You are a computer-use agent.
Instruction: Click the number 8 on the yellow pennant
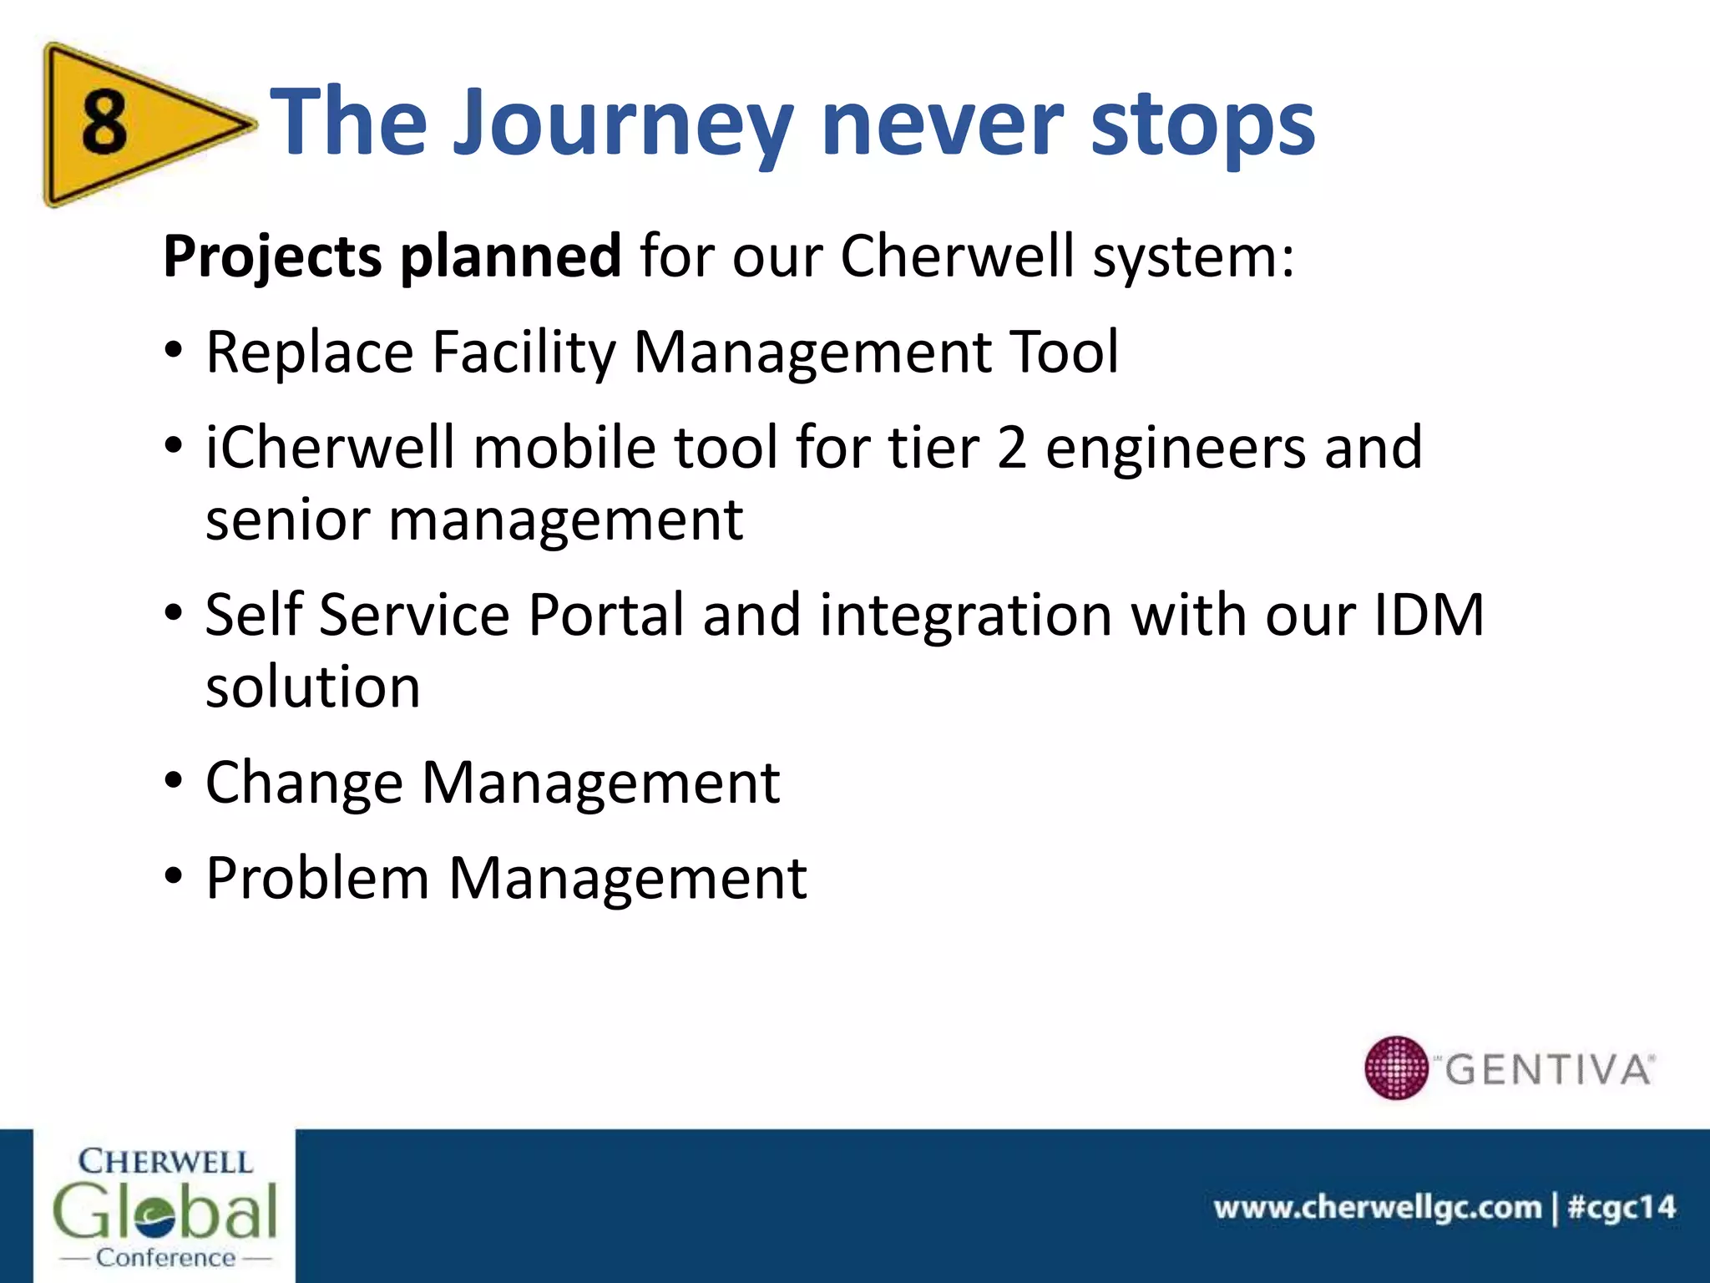pyautogui.click(x=104, y=123)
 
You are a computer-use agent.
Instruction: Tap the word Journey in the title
pyautogui.click(x=622, y=125)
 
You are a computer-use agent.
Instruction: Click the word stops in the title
pyautogui.click(x=1202, y=125)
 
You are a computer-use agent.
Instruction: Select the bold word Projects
pyautogui.click(x=271, y=256)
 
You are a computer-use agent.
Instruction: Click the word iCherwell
pyautogui.click(x=330, y=448)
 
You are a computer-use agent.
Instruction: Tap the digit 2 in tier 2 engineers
pyautogui.click(x=1011, y=448)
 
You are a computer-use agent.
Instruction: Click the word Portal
pyautogui.click(x=606, y=616)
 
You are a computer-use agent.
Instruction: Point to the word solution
pyautogui.click(x=312, y=687)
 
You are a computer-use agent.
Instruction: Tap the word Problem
pyautogui.click(x=316, y=879)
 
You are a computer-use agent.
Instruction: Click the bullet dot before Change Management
pyautogui.click(x=173, y=782)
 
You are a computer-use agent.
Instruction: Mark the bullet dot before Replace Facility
pyautogui.click(x=173, y=351)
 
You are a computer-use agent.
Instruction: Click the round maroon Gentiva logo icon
pyautogui.click(x=1395, y=1067)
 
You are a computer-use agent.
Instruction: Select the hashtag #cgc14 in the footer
pyautogui.click(x=1621, y=1207)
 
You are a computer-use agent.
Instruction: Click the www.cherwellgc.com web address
pyautogui.click(x=1377, y=1207)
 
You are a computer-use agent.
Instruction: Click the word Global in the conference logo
pyautogui.click(x=164, y=1210)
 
